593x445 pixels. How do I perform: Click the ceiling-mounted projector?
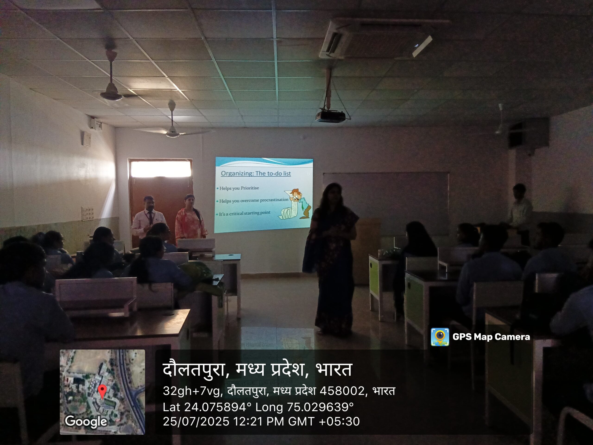330,116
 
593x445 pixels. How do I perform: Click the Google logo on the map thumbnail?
86,421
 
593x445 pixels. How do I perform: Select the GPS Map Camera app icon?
440,337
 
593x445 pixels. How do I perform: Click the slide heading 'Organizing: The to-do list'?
256,173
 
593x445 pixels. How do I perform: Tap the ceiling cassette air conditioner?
375,38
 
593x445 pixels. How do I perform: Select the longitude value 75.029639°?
320,407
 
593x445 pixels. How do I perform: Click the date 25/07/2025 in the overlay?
196,421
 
